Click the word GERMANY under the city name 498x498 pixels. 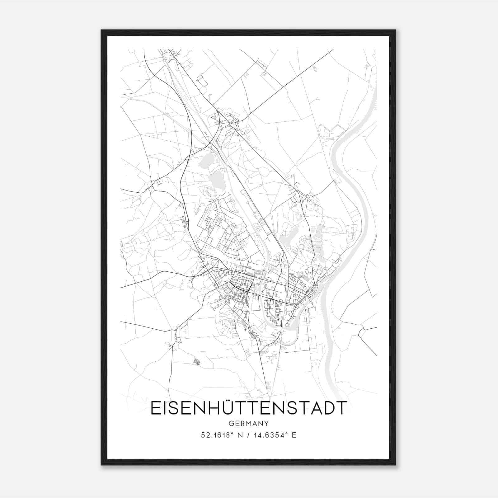(249, 423)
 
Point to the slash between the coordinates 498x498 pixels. (249, 435)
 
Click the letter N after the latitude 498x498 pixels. (240, 435)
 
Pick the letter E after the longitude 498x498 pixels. (294, 435)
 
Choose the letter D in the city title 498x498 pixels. (328, 408)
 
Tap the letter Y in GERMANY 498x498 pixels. (267, 423)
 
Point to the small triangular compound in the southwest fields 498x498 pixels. (196, 361)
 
